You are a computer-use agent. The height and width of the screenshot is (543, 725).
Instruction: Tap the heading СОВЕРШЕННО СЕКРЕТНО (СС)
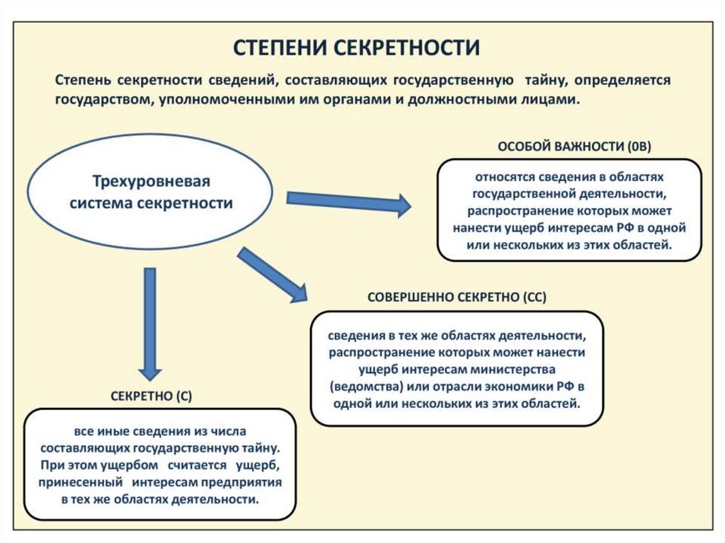pos(457,298)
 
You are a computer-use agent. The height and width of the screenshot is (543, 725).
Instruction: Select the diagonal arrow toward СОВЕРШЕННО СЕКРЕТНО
pos(272,275)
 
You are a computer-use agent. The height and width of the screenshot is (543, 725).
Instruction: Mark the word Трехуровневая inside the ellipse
pos(150,181)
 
